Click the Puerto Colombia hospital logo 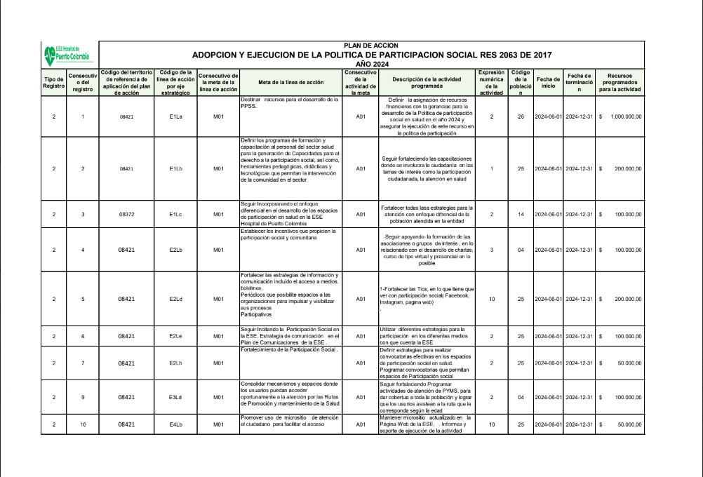tap(69, 53)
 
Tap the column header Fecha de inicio tap(548, 82)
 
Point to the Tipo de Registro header tap(54, 82)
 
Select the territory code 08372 tap(126, 214)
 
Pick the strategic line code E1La tap(175, 116)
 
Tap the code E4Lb tap(175, 424)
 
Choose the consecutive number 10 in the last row tap(83, 424)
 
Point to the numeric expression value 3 tap(492, 249)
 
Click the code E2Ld tap(175, 299)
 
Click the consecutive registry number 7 tap(83, 363)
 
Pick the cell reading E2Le tap(175, 337)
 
